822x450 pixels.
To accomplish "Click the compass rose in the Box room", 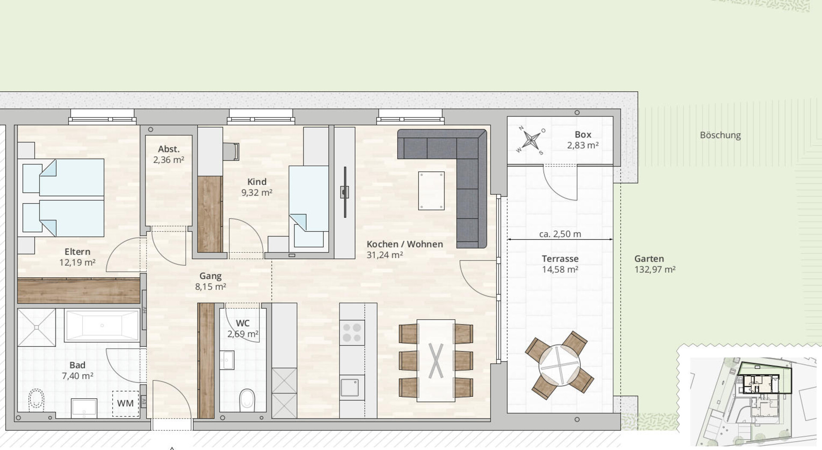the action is point(531,140).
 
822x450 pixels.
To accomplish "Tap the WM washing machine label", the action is point(125,403).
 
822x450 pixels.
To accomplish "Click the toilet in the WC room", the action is point(247,399).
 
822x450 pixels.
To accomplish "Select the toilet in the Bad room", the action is point(36,400).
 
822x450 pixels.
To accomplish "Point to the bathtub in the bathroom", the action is point(102,325).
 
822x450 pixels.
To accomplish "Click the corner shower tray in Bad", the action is point(36,328).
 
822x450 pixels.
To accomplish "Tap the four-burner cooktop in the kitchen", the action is point(352,333).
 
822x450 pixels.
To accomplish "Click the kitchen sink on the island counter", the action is point(350,387).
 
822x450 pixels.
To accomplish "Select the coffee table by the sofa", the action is point(431,191).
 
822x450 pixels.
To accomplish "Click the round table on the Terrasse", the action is point(559,365).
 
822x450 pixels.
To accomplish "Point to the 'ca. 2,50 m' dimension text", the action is point(560,234).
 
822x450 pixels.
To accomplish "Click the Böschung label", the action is point(720,135).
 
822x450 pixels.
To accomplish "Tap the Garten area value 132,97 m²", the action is point(655,270).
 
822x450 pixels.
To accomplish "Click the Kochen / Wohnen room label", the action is point(405,244).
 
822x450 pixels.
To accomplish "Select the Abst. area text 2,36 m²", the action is point(169,160).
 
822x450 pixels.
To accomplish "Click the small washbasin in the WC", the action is point(227,360).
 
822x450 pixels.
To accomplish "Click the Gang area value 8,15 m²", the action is point(211,287).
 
